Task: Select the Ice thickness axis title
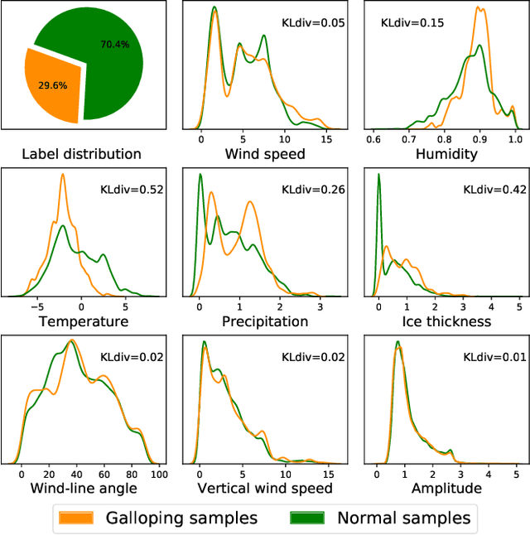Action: [446, 321]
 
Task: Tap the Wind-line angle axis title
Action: [81, 488]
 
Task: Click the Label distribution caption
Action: [81, 154]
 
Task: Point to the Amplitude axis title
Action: [446, 488]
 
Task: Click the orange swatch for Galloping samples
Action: [77, 518]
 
